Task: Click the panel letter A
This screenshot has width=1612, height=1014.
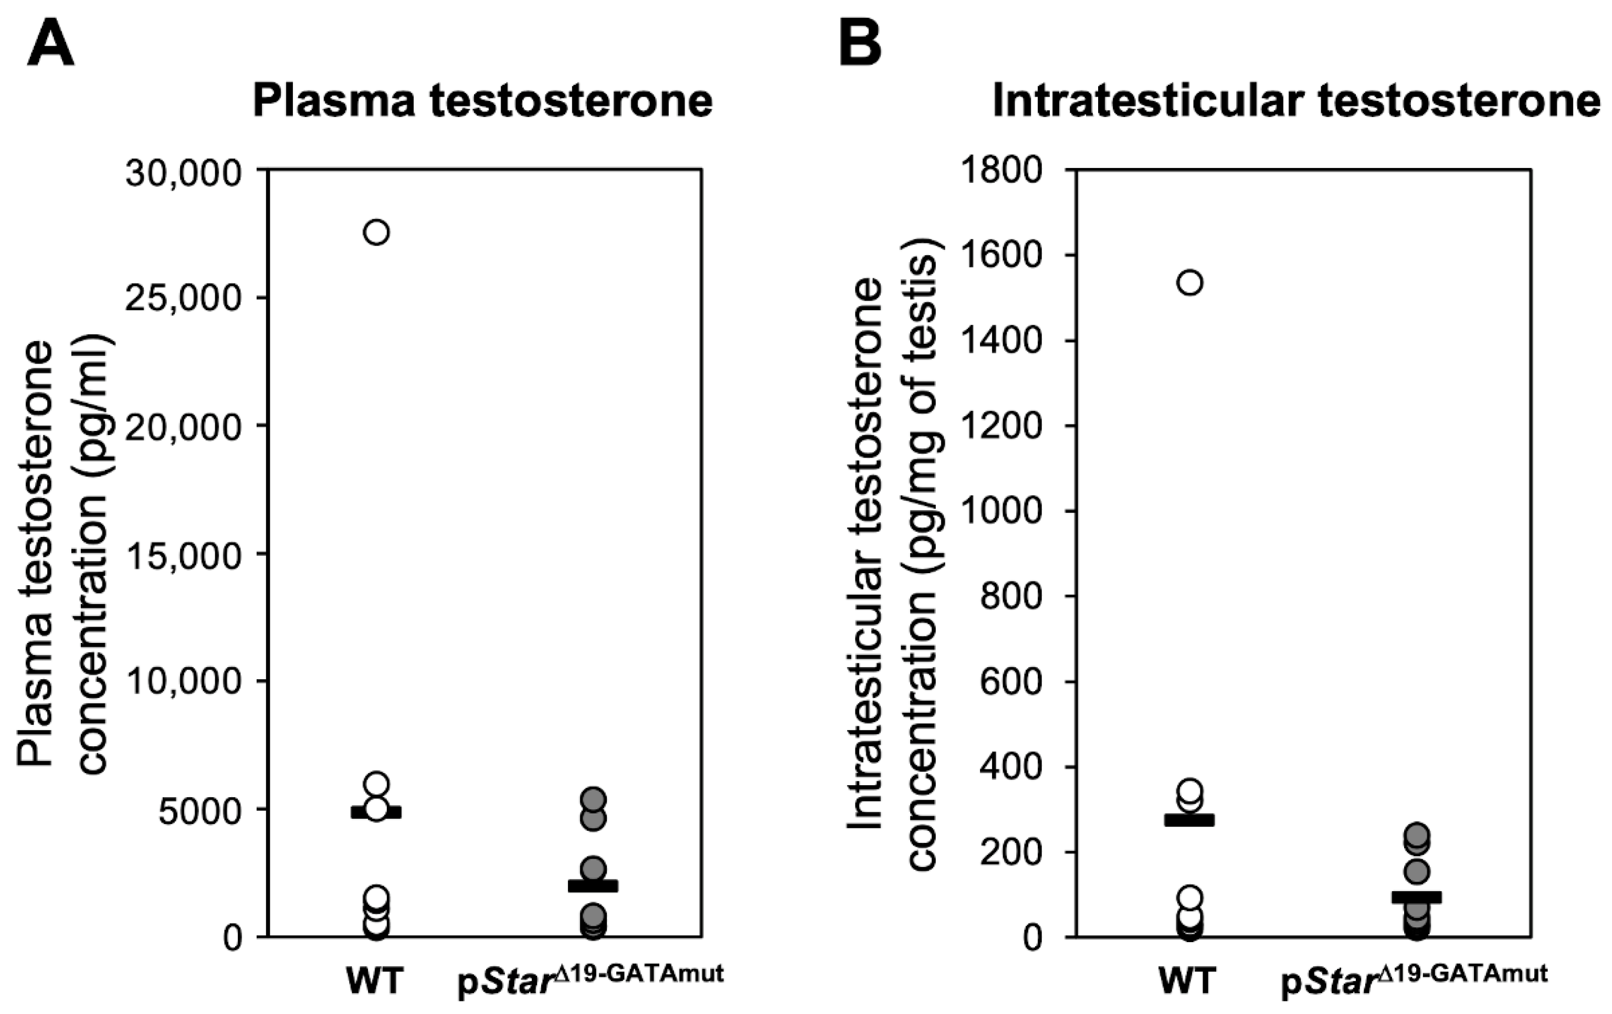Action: pos(50,44)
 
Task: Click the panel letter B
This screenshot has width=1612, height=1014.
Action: pos(860,44)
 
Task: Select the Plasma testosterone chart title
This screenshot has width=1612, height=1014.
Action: pos(482,102)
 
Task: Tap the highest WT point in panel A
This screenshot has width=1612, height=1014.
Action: pos(376,233)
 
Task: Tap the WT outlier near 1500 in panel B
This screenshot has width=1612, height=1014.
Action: pos(1189,282)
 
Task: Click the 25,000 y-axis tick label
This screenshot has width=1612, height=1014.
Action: pos(183,299)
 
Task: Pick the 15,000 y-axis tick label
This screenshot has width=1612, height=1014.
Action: pos(183,554)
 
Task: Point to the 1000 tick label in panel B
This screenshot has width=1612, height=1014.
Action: pos(1002,511)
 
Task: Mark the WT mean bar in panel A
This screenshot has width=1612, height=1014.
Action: pos(376,812)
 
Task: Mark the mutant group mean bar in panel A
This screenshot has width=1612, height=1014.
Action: pos(593,886)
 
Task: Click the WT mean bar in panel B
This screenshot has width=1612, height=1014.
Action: pos(1189,820)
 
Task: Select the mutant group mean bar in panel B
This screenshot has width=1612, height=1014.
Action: pos(1417,897)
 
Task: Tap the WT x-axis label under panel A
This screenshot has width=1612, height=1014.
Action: pos(375,981)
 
